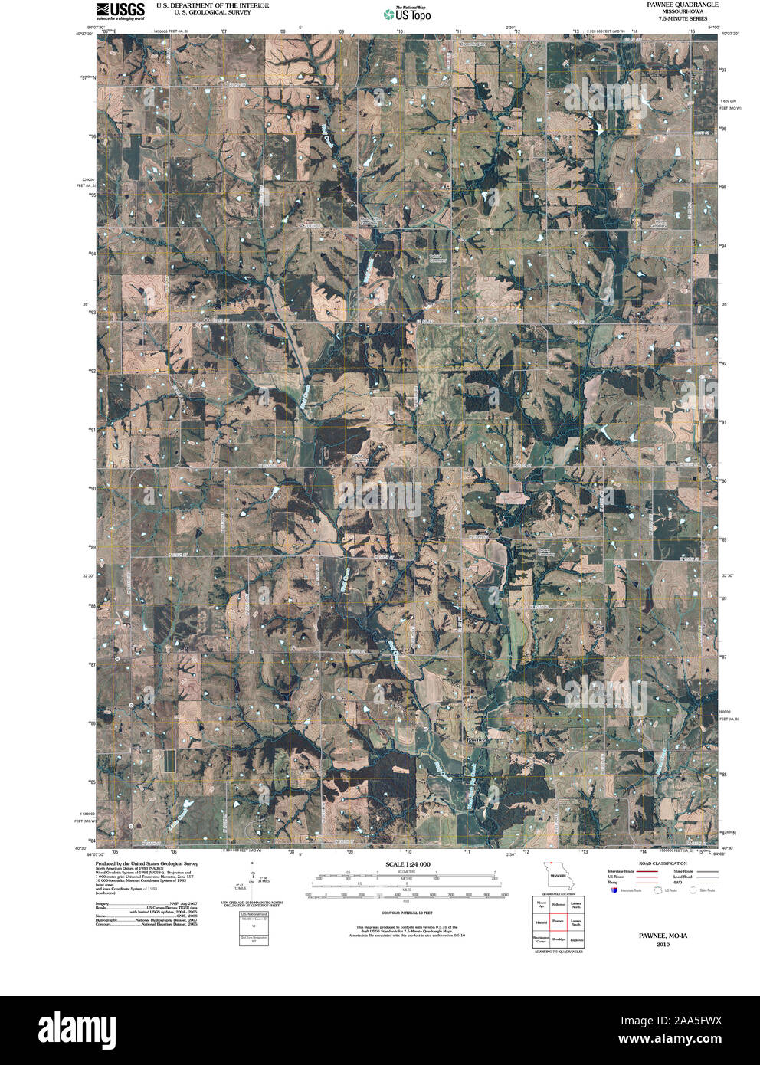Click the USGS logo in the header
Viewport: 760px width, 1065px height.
click(x=121, y=10)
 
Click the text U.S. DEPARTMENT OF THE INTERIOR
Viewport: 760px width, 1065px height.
click(x=212, y=5)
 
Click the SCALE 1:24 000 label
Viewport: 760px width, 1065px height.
click(x=408, y=864)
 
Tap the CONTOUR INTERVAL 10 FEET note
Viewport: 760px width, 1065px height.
click(x=408, y=913)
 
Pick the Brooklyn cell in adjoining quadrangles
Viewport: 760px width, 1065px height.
click(x=558, y=939)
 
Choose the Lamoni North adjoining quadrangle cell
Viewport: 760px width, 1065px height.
click(x=575, y=905)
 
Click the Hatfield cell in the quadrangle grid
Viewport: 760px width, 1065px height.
click(x=541, y=922)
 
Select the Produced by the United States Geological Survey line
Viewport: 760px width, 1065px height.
click(x=146, y=863)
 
